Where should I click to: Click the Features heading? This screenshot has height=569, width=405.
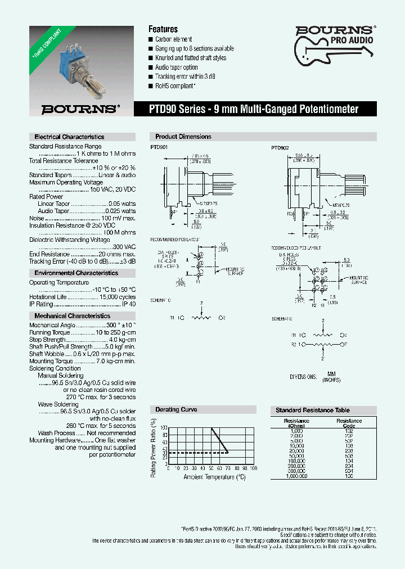163,29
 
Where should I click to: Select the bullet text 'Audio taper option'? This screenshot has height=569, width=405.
177,67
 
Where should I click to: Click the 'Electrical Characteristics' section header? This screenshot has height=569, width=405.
69,137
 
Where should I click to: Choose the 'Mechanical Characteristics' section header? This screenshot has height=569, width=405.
73,316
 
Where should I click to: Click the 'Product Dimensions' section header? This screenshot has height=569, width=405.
183,137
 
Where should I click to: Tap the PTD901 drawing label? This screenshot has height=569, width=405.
159,147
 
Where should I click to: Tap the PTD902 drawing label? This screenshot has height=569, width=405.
280,147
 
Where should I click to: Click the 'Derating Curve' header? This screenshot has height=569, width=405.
176,410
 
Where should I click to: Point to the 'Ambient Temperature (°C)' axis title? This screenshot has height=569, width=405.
214,477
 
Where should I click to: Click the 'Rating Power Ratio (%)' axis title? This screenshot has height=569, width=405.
153,448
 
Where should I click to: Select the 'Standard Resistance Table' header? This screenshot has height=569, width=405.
313,410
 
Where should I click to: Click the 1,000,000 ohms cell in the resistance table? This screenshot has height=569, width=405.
297,475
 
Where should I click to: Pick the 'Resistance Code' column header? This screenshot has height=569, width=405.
349,423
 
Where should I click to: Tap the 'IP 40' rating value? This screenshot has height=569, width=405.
129,304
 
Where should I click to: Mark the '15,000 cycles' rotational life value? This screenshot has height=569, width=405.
118,297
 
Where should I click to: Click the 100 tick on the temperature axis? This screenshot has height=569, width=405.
253,468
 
